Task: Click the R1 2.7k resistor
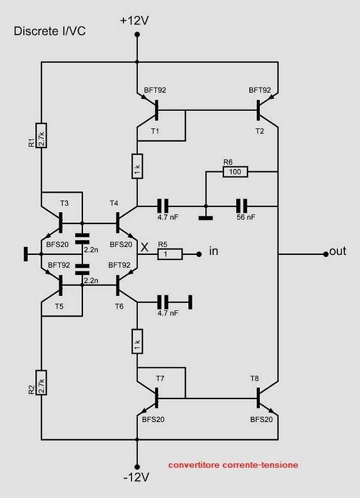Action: click(x=42, y=135)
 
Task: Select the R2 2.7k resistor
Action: click(x=42, y=383)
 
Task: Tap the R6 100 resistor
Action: click(x=235, y=172)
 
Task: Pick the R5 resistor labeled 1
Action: click(x=170, y=254)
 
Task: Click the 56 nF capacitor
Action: click(x=242, y=207)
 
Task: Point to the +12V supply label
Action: click(x=134, y=21)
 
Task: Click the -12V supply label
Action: click(x=136, y=477)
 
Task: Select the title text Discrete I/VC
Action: click(x=50, y=31)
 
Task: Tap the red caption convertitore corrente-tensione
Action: click(x=233, y=465)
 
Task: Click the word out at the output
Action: click(x=338, y=251)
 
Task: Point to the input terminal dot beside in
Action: click(x=199, y=254)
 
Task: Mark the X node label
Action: click(x=145, y=247)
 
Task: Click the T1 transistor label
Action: click(x=155, y=131)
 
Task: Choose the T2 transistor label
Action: click(x=260, y=131)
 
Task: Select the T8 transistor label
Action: click(x=254, y=378)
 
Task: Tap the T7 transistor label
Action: click(x=160, y=378)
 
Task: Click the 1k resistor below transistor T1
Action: click(x=137, y=166)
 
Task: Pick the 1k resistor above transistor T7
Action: click(x=137, y=341)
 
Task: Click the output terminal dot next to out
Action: click(x=326, y=254)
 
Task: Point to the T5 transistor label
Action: click(x=59, y=307)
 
